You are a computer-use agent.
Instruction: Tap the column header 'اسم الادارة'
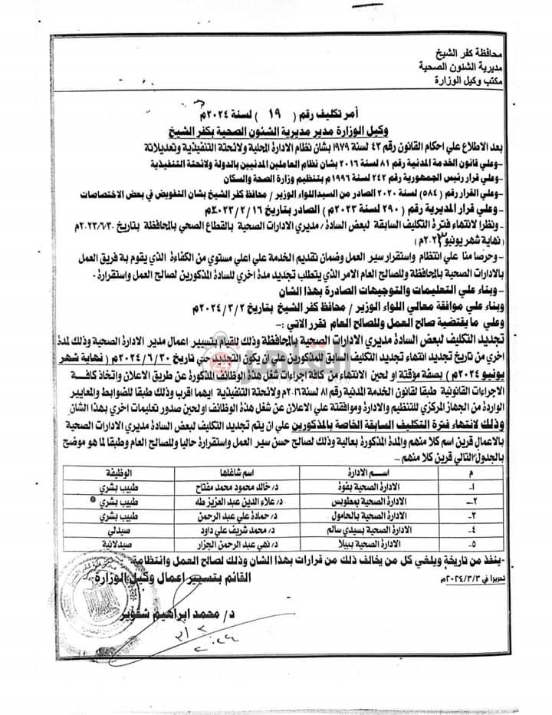[x=366, y=473]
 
